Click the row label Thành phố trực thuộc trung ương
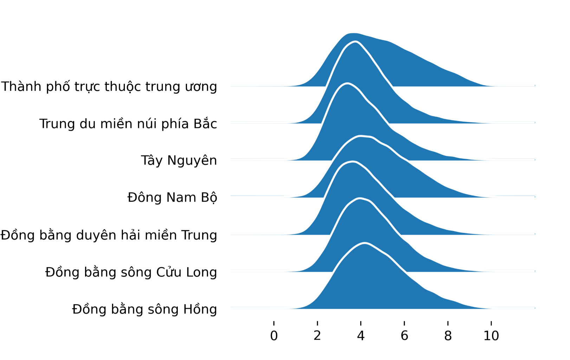coord(109,86)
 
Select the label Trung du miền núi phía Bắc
coord(128,123)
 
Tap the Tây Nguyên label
coord(179,161)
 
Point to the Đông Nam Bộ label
coord(172,198)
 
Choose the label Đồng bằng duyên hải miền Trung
coord(109,234)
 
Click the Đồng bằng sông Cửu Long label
coord(131,272)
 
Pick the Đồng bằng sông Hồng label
coord(144,309)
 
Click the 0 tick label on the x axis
coord(274,335)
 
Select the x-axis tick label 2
coord(317,335)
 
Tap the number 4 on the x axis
coord(361,335)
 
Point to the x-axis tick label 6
coord(404,335)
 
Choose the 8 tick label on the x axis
coord(448,335)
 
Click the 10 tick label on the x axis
coord(491,335)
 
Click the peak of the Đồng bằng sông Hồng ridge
coord(365,243)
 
